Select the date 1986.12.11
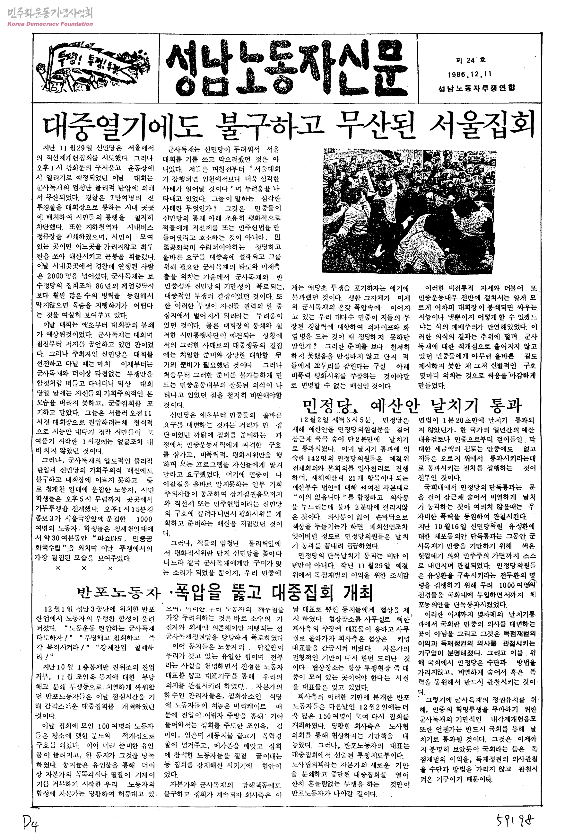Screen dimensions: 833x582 [x=470, y=75]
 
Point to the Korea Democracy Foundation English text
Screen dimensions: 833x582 [x=50, y=24]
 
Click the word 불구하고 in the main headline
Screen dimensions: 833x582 [x=268, y=126]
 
